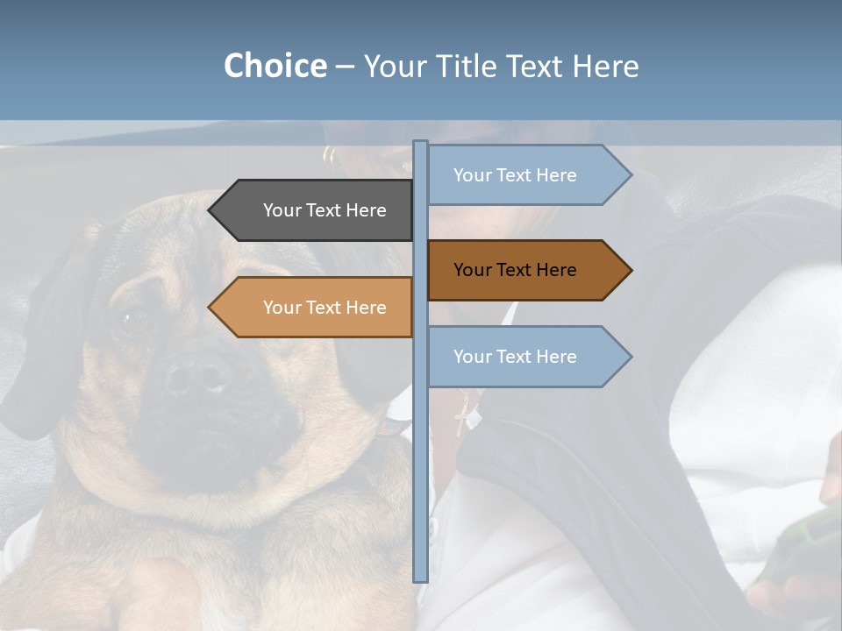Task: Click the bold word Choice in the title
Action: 275,66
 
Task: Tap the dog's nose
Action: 196,376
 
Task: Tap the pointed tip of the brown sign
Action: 630,270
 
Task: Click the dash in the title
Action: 345,67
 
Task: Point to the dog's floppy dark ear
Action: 39,351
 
